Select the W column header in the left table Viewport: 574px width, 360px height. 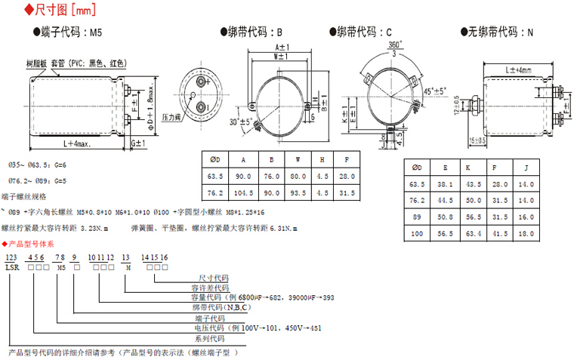coord(298,159)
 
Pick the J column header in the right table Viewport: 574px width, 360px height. coord(527,167)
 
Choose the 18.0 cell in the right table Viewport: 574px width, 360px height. coord(527,234)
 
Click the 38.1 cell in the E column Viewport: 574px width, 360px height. coord(446,183)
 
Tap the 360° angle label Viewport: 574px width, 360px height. coord(393,45)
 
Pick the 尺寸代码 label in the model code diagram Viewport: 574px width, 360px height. coord(213,278)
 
